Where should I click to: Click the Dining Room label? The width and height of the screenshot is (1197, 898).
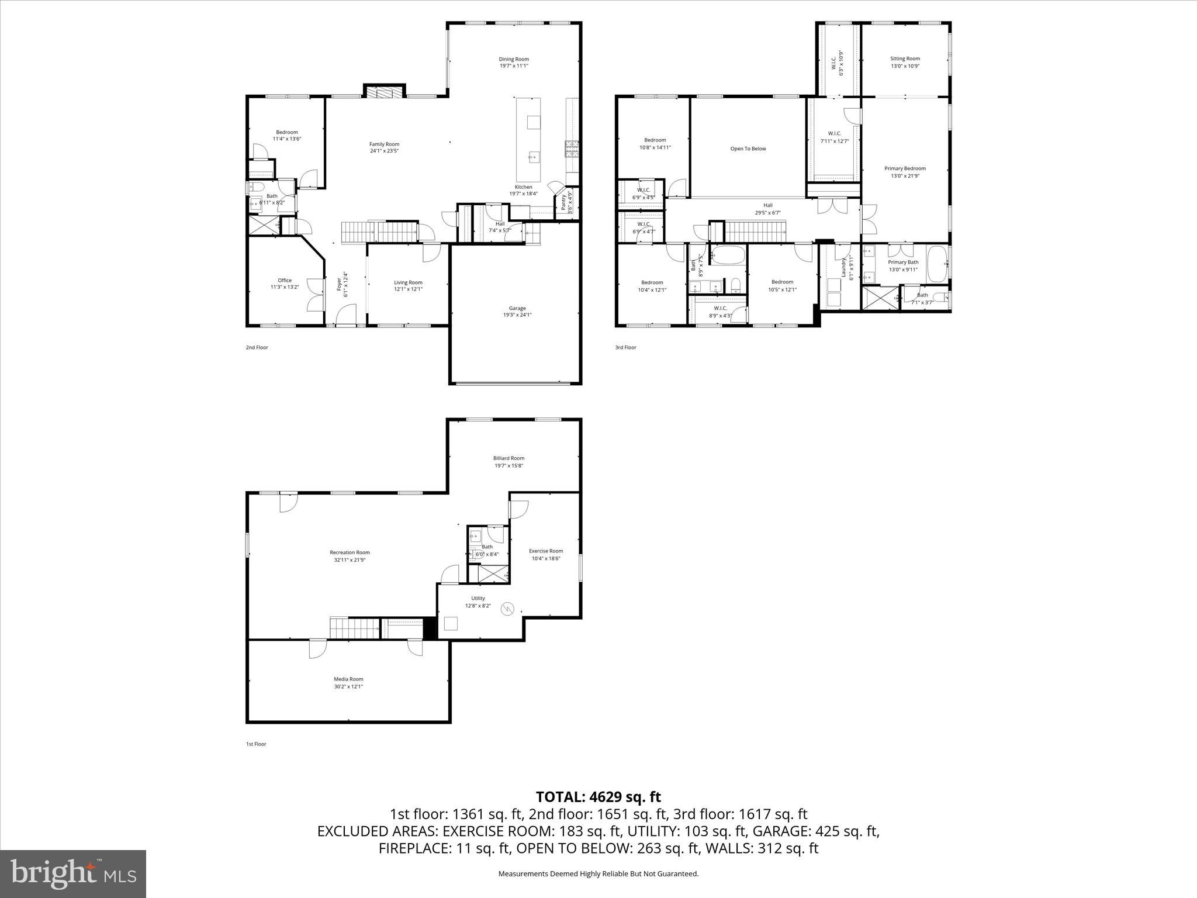pos(514,59)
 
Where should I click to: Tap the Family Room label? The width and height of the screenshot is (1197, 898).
pos(384,144)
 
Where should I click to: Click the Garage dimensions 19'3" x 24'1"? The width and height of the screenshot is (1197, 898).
pos(517,315)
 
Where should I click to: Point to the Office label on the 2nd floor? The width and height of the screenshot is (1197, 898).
pos(285,280)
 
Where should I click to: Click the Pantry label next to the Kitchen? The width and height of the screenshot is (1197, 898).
pos(563,202)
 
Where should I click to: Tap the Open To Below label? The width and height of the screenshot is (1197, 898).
pos(748,148)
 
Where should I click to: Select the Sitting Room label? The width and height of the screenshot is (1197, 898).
pos(905,58)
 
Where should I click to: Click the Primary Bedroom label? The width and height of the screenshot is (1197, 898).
pos(905,168)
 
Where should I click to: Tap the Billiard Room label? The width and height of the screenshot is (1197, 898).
pos(508,458)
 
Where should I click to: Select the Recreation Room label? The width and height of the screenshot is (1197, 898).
pos(350,552)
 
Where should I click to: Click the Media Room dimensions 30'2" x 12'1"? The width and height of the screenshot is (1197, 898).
pos(348,686)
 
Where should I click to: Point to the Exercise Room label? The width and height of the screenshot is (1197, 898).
pos(546,551)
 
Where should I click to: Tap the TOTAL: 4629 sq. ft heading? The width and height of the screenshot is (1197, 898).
pos(598,797)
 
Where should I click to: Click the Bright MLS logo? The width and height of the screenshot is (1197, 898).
pos(73,874)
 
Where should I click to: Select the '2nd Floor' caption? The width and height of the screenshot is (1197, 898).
pos(257,347)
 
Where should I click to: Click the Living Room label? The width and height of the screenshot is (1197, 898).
pos(408,282)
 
